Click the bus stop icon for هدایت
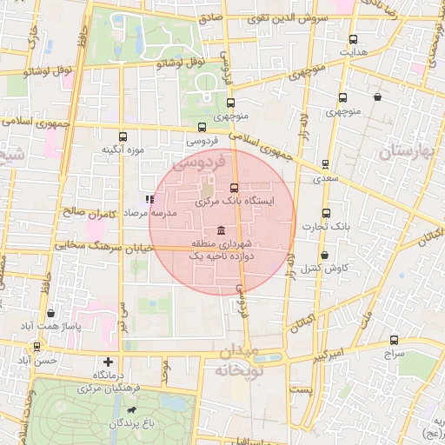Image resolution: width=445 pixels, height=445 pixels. pyautogui.click(x=353, y=39)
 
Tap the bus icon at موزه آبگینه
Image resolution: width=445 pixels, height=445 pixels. pyautogui.click(x=123, y=136)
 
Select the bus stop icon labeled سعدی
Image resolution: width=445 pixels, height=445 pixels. pyautogui.click(x=325, y=164)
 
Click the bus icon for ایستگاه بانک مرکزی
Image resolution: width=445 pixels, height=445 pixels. pyautogui.click(x=234, y=188)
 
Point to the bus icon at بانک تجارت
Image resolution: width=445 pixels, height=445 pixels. pyautogui.click(x=327, y=214)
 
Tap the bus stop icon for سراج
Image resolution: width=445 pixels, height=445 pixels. pyautogui.click(x=394, y=342)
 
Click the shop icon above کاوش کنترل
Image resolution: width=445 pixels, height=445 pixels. pyautogui.click(x=324, y=256)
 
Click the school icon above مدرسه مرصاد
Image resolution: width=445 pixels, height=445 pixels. pyautogui.click(x=149, y=199)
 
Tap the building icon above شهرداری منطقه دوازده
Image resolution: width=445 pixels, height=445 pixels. pyautogui.click(x=219, y=230)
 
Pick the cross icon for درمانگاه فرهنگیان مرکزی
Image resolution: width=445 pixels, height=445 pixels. pyautogui.click(x=108, y=362)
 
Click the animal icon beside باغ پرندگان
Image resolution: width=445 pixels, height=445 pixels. pyautogui.click(x=131, y=409)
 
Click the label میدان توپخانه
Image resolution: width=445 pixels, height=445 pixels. pyautogui.click(x=238, y=360)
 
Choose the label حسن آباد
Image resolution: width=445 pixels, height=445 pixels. pyautogui.click(x=37, y=359)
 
